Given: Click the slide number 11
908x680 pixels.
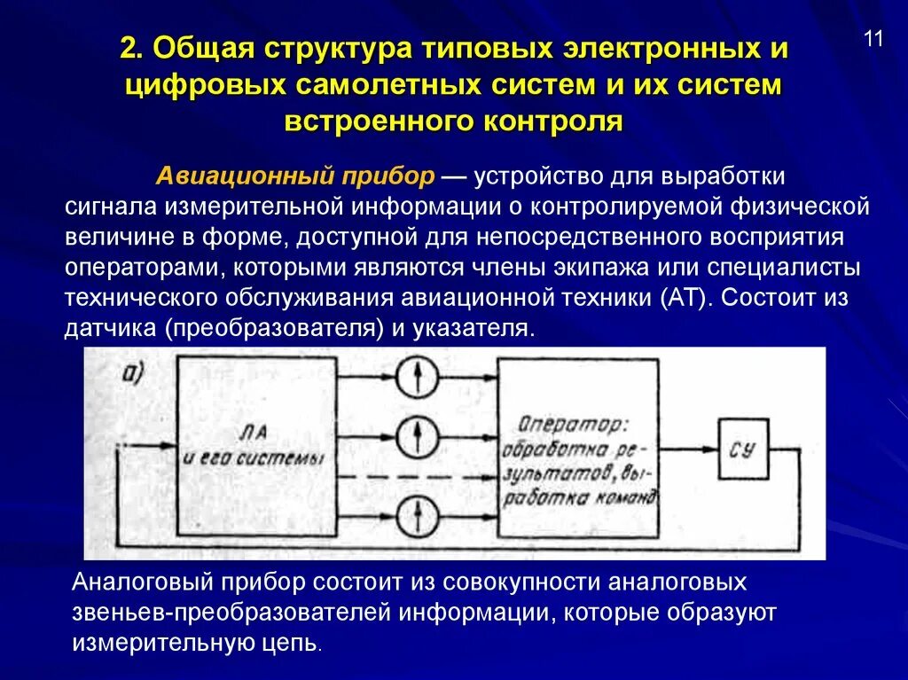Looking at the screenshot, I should point(873,40).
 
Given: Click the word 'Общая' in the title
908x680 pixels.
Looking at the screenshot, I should point(200,51).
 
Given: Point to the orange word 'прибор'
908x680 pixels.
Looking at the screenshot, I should point(390,175).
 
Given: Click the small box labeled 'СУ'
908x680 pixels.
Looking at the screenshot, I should point(743,449).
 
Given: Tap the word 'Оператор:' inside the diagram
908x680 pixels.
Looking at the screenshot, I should point(562,424).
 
